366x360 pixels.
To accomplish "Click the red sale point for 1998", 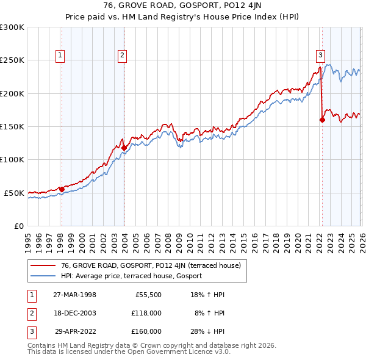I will coord(62,189).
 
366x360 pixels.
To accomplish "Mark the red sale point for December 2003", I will coord(124,148).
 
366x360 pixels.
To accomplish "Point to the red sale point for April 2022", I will coord(322,120).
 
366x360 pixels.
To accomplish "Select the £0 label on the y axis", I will coord(18,226).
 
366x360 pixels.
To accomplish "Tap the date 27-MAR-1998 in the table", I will coord(74,295).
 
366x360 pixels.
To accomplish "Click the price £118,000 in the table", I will coord(146,313).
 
